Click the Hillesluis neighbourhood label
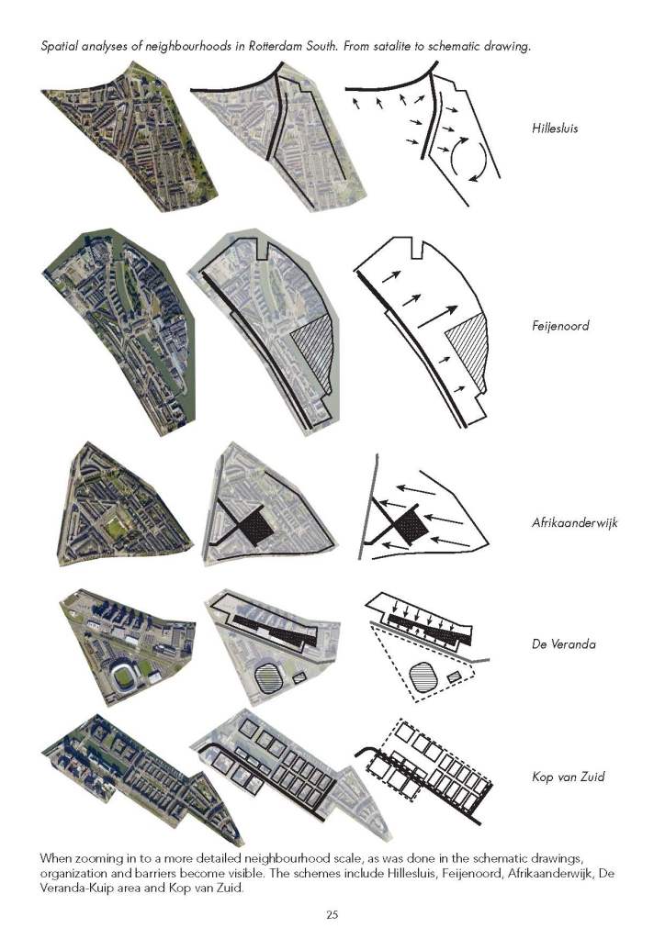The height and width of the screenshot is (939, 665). tap(555, 129)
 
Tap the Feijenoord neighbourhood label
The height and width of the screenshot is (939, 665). tap(560, 326)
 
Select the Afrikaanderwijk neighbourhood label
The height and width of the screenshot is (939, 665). tap(575, 523)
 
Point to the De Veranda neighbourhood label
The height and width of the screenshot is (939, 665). tap(564, 644)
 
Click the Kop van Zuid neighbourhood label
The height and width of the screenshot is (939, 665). tap(569, 777)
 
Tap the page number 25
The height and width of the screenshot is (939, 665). tap(332, 914)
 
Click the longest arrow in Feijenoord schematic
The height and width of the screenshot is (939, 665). tap(437, 317)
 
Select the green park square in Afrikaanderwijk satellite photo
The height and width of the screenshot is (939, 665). tap(117, 527)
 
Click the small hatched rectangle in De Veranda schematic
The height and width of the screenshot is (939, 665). tap(455, 676)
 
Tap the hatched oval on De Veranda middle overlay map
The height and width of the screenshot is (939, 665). tap(271, 678)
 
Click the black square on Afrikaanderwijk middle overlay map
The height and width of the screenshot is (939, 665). tap(254, 526)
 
